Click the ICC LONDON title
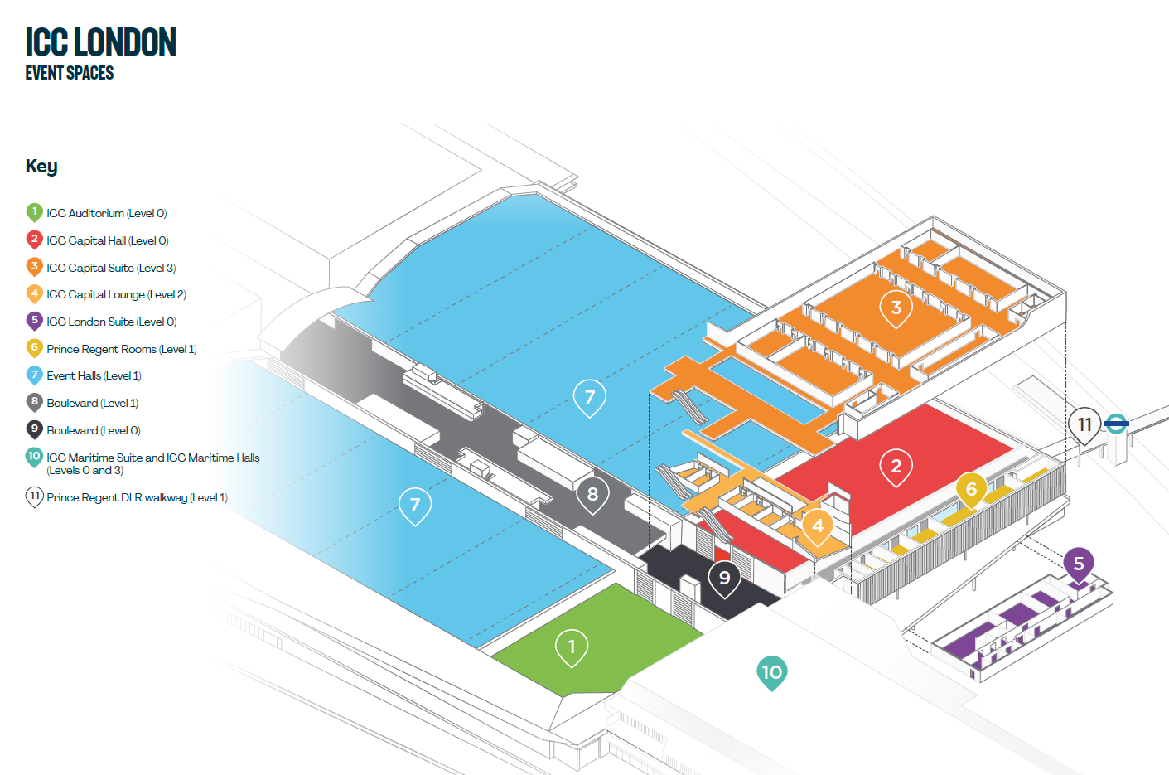point(100,42)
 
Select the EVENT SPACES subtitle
point(70,73)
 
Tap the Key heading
point(41,166)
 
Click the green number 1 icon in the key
point(34,212)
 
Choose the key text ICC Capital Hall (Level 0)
point(108,240)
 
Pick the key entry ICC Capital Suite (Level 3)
point(111,268)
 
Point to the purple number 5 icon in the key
point(34,321)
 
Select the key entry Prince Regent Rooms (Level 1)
point(121,349)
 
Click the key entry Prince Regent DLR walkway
point(137,497)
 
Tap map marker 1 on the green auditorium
point(571,647)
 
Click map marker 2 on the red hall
point(896,467)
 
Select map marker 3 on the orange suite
point(896,308)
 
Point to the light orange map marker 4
point(818,526)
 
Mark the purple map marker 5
point(1079,564)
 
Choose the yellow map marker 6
point(971,490)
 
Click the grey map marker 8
point(592,495)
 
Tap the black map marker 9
point(724,578)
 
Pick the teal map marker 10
point(771,672)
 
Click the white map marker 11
point(1084,425)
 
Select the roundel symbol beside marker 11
point(1117,424)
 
